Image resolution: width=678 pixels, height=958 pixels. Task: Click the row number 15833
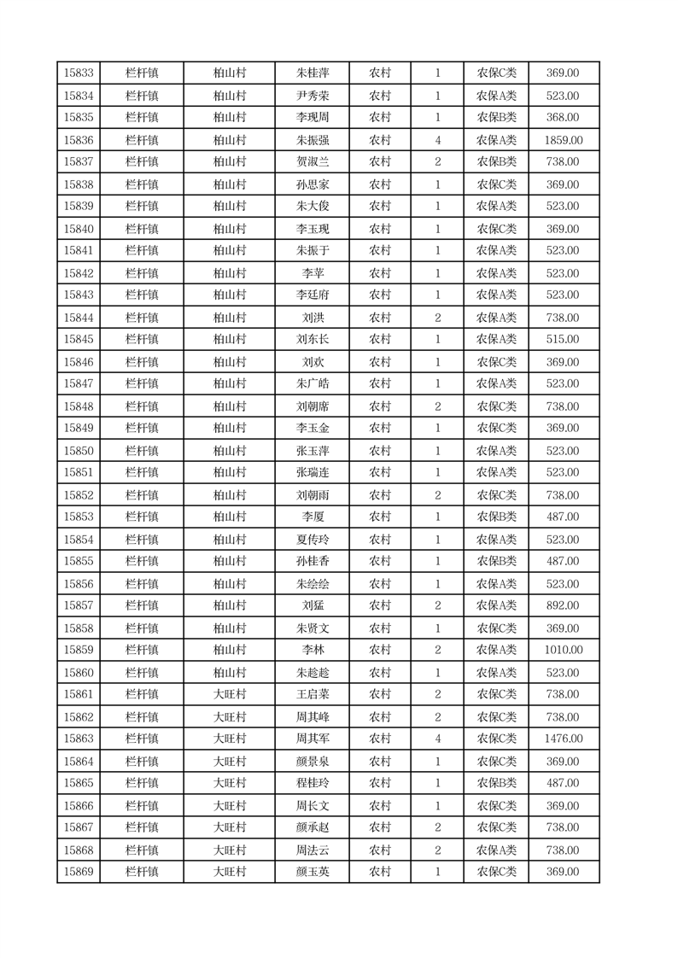[x=79, y=73]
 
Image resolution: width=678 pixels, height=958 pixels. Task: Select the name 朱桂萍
[x=313, y=73]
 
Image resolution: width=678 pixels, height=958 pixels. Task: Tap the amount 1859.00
[x=563, y=140]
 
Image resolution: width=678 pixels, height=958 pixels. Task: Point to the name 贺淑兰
[x=313, y=162]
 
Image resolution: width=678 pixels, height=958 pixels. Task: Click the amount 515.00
[x=563, y=340]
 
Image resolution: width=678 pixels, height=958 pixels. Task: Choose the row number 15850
[x=79, y=451]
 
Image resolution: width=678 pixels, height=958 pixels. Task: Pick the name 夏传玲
[x=313, y=540]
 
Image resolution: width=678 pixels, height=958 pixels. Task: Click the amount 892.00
[x=563, y=606]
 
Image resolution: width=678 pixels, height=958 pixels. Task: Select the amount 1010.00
[x=563, y=651]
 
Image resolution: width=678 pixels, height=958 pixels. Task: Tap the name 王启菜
[x=313, y=695]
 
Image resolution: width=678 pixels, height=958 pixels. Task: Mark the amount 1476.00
[x=563, y=739]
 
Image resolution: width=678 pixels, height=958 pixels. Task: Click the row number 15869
[x=79, y=872]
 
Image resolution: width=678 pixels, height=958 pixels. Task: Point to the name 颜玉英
[x=313, y=872]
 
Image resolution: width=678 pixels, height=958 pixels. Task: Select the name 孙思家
[x=313, y=184]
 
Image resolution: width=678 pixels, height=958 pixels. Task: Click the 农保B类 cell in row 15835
[x=496, y=118]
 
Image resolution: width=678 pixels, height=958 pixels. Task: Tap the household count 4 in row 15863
[x=438, y=739]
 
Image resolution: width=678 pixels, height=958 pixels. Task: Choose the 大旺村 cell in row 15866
[x=230, y=806]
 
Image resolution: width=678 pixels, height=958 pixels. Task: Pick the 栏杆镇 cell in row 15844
[x=142, y=318]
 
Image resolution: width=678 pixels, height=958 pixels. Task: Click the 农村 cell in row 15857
[x=380, y=606]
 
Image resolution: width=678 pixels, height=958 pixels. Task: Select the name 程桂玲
[x=313, y=784]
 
